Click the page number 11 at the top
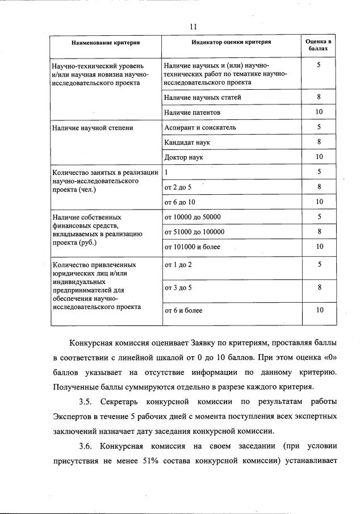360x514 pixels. coord(193,27)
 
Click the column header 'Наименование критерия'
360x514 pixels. coord(106,43)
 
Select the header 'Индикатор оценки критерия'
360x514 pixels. coord(231,42)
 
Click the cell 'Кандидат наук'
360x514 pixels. coord(187,142)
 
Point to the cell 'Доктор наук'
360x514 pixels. coord(183,157)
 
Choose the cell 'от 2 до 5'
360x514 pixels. coord(178,186)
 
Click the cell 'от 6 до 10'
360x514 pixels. coord(179,202)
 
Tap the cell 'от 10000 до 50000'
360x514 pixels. coord(192,216)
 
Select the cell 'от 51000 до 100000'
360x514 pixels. coord(194,232)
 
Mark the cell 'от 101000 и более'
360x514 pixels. coord(192,246)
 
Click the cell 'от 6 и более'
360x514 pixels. coord(183,310)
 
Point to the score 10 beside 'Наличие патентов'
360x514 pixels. coord(319,112)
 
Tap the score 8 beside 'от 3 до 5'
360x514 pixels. coord(319,287)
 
